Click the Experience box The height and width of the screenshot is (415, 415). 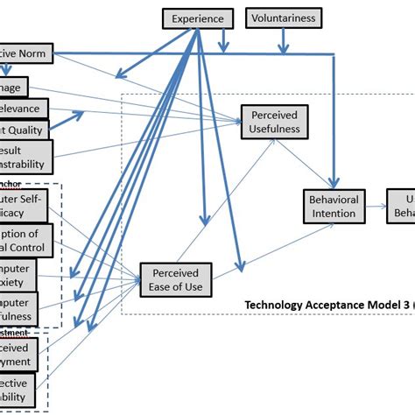tap(198, 18)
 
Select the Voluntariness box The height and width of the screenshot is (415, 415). tap(284, 18)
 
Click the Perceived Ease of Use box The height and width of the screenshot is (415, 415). tap(175, 278)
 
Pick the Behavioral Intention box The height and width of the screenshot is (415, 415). tap(334, 207)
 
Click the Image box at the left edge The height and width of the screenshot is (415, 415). tap(14, 86)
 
